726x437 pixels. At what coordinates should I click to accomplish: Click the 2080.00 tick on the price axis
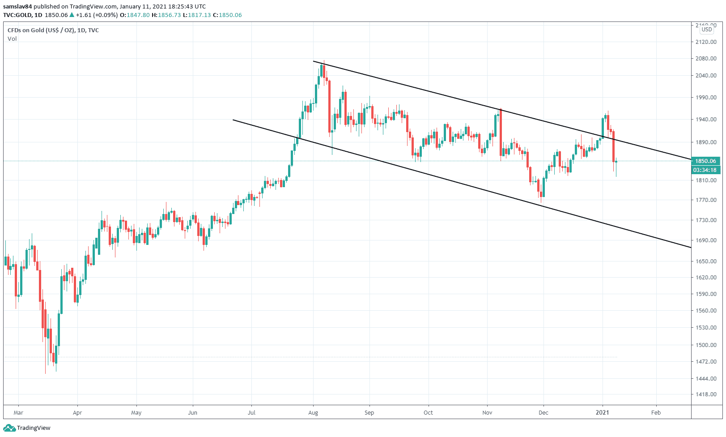click(706, 59)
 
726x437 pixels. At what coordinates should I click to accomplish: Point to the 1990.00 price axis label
click(706, 98)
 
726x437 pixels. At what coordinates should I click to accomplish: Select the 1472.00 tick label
click(706, 362)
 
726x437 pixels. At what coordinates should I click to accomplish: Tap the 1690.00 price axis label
click(706, 240)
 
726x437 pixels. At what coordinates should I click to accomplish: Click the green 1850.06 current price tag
click(705, 161)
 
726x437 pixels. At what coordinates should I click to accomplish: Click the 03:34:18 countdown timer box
click(705, 170)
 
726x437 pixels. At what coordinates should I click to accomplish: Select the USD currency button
click(707, 30)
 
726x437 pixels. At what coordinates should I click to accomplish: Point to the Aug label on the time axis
click(313, 412)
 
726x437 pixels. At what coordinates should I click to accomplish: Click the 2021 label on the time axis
click(603, 412)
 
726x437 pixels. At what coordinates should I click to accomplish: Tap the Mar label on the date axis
click(18, 412)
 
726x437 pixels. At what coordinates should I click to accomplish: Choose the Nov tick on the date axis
click(488, 412)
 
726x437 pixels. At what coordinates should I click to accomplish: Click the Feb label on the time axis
click(656, 412)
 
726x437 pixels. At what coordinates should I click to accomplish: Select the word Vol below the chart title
click(12, 39)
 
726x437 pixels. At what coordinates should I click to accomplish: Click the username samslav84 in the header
click(17, 6)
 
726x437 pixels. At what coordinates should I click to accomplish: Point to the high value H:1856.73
click(166, 15)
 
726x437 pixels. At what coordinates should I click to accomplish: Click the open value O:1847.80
click(135, 15)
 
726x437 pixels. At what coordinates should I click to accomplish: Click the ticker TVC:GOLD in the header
click(17, 15)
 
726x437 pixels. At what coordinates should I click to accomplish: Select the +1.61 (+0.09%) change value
click(97, 15)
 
